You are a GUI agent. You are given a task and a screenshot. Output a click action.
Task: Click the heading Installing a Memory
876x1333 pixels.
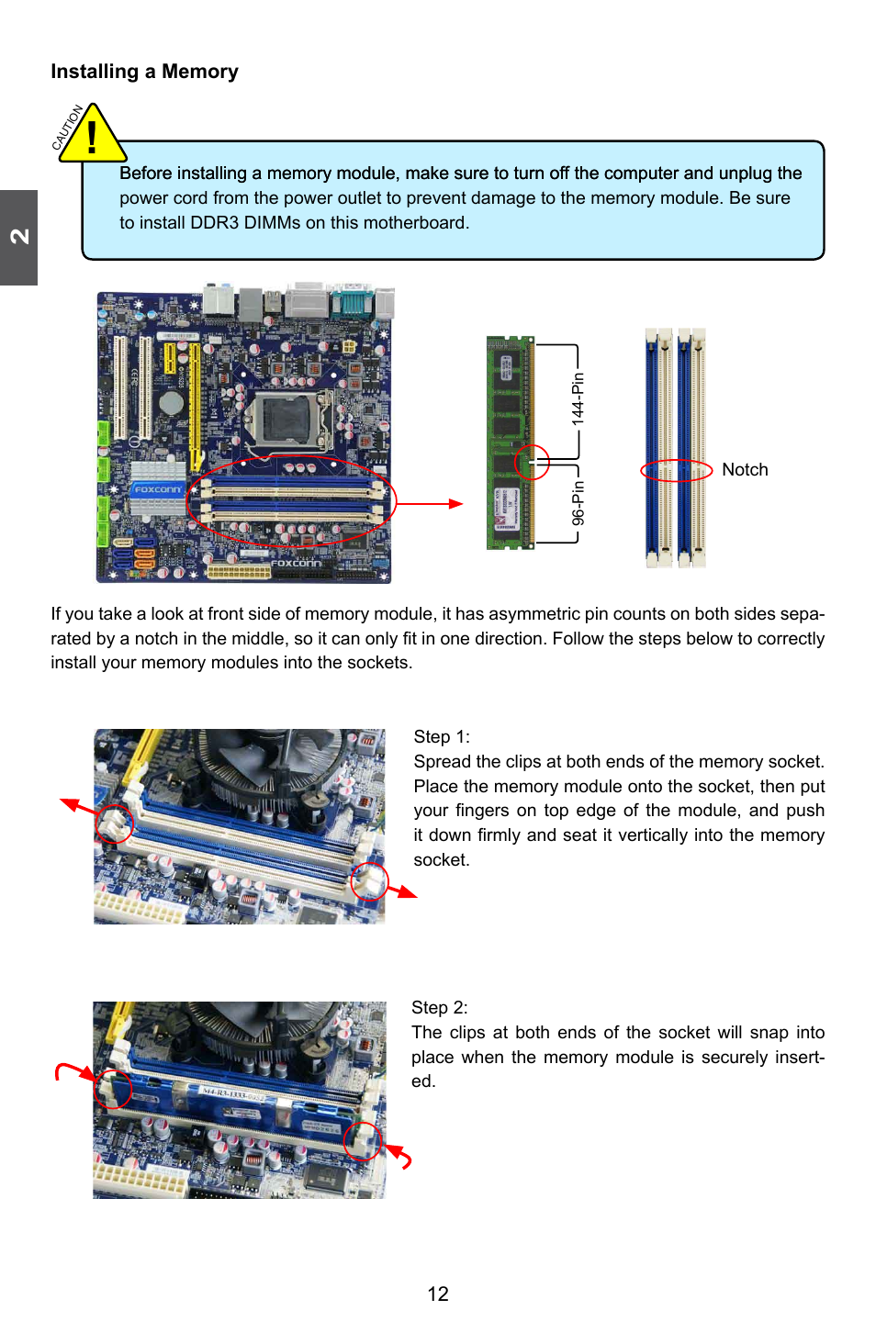pyautogui.click(x=144, y=72)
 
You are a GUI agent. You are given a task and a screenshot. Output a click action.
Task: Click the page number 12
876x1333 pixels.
pyautogui.click(x=438, y=1294)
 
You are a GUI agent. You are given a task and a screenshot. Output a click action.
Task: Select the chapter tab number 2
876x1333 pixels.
pyautogui.click(x=19, y=237)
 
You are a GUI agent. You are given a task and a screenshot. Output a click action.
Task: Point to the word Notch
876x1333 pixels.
pyautogui.click(x=745, y=470)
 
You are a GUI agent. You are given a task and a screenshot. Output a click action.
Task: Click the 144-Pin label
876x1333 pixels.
pyautogui.click(x=578, y=398)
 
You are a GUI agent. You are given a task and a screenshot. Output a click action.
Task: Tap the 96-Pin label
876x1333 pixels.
pyautogui.click(x=578, y=503)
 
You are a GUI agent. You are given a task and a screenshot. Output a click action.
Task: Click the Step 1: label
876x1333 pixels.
pyautogui.click(x=442, y=736)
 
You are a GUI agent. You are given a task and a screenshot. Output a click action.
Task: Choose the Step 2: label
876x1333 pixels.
pyautogui.click(x=440, y=1007)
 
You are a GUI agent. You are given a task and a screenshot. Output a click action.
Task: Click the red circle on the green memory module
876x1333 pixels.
pyautogui.click(x=532, y=463)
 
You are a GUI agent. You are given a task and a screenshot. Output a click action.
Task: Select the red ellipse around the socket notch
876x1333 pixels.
pyautogui.click(x=677, y=471)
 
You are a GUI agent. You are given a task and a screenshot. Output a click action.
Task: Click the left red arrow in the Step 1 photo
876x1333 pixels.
pyautogui.click(x=79, y=808)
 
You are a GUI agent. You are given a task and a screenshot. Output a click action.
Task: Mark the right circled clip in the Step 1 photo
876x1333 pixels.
pyautogui.click(x=369, y=882)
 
